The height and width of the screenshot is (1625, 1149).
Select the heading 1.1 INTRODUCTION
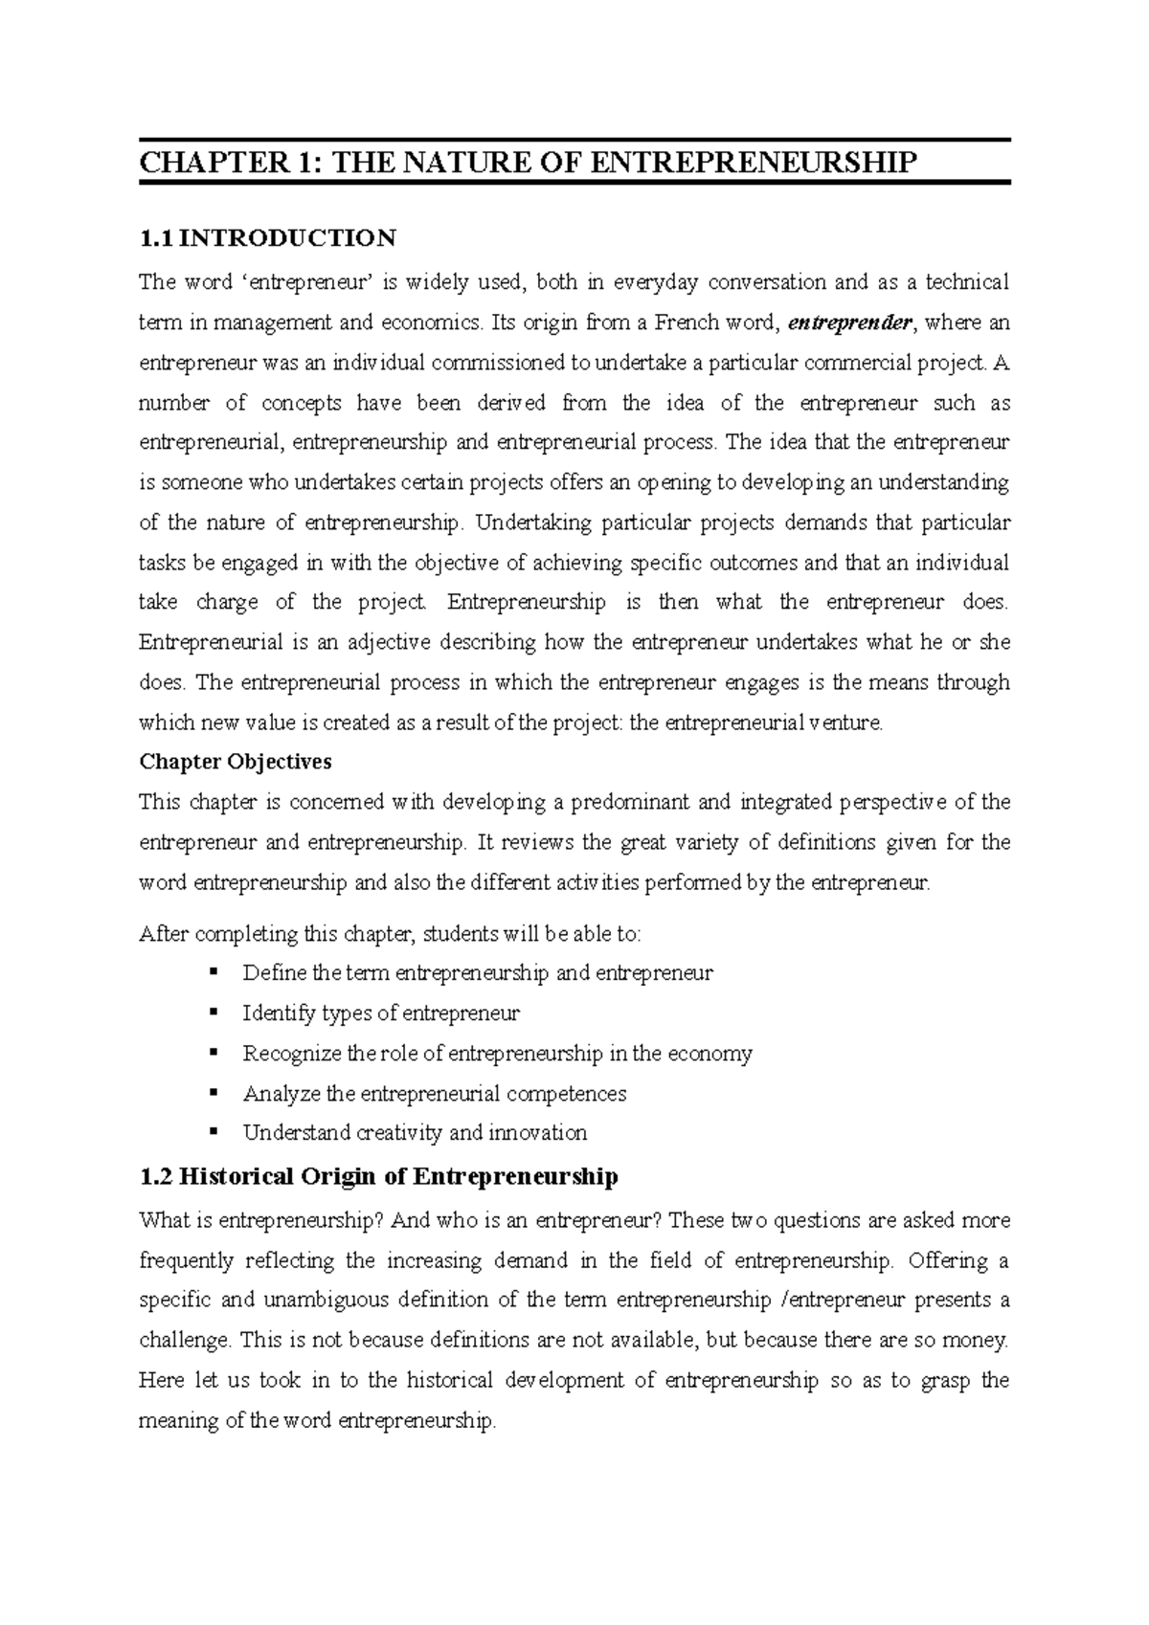click(x=267, y=237)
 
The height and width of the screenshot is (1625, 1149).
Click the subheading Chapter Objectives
click(x=236, y=762)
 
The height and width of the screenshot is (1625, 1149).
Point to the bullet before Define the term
click(x=214, y=972)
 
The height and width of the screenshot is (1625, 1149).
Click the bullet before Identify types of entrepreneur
click(x=214, y=1013)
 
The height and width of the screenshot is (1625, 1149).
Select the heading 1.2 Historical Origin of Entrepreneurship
click(x=378, y=1176)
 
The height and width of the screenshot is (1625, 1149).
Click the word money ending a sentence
click(x=976, y=1341)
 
